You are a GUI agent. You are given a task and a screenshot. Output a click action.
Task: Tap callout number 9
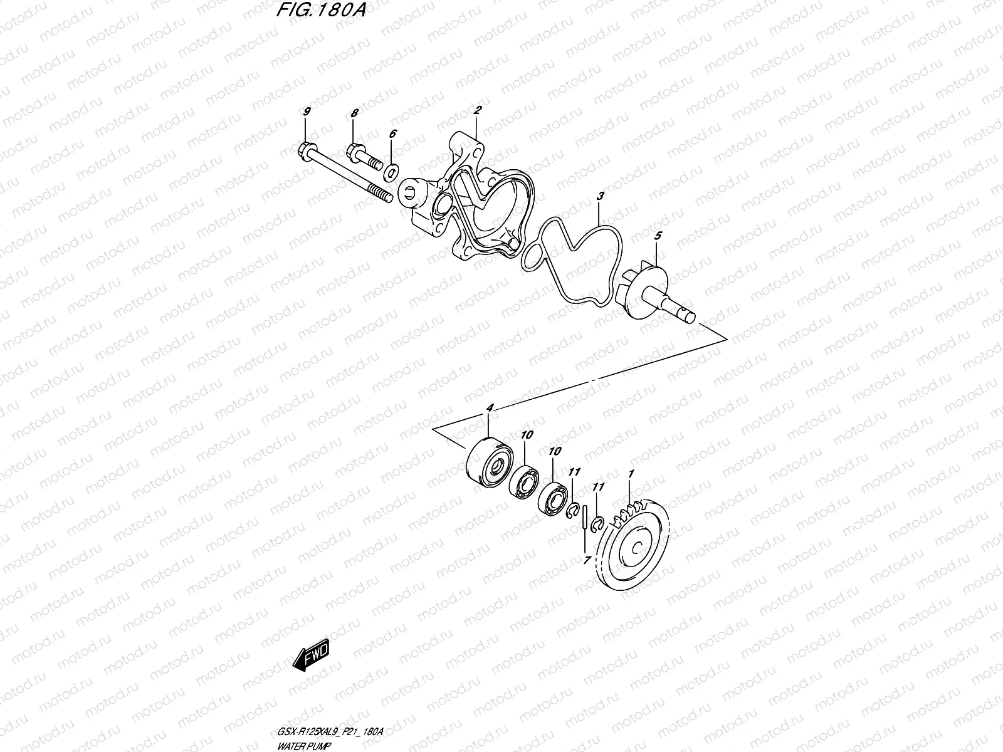click(307, 112)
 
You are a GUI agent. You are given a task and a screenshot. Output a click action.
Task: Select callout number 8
click(354, 113)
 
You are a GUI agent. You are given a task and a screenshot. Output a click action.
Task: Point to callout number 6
click(392, 133)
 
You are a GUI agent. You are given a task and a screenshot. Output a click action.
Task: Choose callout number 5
click(658, 236)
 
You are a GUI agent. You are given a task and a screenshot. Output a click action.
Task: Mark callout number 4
click(490, 408)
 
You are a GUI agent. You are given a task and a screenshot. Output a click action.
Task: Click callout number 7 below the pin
click(587, 561)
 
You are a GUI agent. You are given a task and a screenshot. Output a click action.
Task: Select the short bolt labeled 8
click(364, 157)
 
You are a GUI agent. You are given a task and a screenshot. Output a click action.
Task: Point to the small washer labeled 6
click(392, 170)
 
